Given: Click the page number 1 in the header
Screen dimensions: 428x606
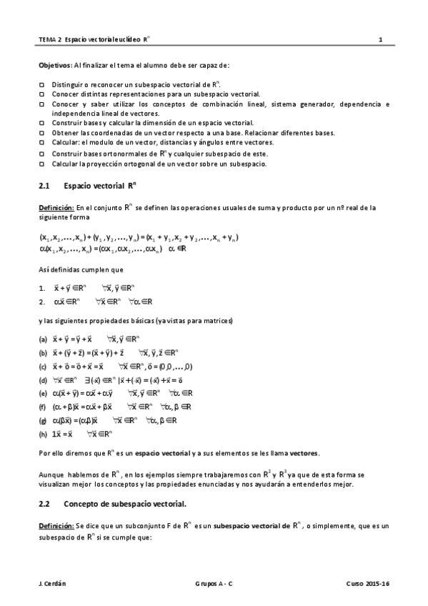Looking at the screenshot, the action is [382, 40].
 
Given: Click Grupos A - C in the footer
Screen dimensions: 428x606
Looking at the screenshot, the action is [214, 584].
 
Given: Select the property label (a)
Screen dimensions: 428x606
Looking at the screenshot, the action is [44, 339].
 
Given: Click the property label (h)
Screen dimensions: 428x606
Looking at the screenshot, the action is [44, 433].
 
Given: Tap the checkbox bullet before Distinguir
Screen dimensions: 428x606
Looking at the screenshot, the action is [41, 84].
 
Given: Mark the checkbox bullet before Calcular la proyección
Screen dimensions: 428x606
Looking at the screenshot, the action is [41, 164].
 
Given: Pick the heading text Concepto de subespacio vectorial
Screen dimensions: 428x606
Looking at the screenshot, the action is [125, 505].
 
